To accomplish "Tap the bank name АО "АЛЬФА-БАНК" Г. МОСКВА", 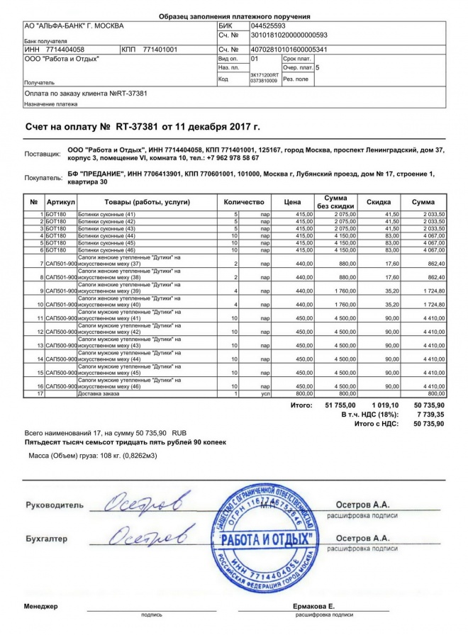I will point(74,26).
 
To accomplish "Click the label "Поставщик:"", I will point(43,153).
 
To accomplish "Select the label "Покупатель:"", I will point(43,178).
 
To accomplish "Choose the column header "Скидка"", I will point(379,203).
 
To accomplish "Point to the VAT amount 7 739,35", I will point(429,415).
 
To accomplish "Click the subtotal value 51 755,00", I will point(338,405).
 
